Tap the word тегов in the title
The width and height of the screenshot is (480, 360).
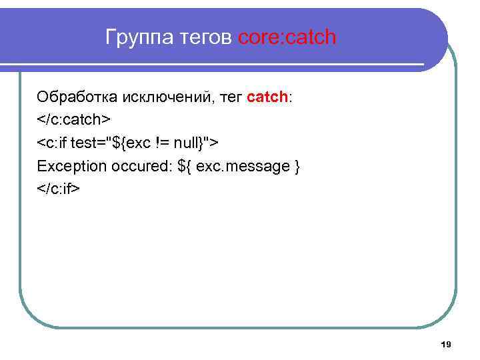pyautogui.click(x=205, y=37)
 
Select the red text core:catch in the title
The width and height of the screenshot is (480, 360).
pyautogui.click(x=287, y=37)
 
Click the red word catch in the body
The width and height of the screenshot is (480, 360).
pyautogui.click(x=267, y=97)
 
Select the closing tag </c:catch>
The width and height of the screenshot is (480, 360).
pyautogui.click(x=73, y=120)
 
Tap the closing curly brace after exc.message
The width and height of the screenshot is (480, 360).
pyautogui.click(x=297, y=166)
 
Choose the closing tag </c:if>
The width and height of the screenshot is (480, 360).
pyautogui.click(x=59, y=188)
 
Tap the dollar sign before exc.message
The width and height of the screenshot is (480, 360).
pyautogui.click(x=181, y=165)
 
